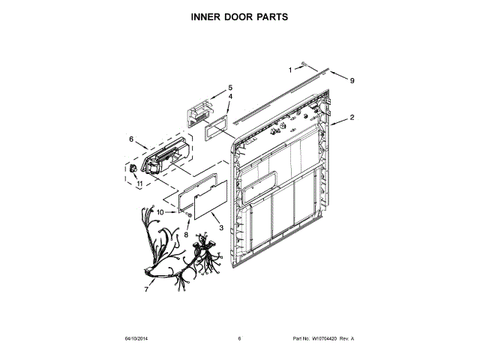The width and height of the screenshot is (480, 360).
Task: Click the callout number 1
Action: tap(291, 70)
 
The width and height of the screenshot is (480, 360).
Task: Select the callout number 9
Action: tap(351, 80)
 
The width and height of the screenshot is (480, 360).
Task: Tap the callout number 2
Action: tap(352, 118)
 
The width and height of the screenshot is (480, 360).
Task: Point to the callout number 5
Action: tap(230, 88)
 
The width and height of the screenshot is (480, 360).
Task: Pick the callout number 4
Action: tap(229, 97)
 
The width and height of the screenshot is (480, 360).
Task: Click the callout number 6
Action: tap(131, 139)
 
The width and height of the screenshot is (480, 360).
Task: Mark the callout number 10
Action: tap(160, 213)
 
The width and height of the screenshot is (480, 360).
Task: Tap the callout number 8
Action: tap(186, 235)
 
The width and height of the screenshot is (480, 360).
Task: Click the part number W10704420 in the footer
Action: tap(325, 339)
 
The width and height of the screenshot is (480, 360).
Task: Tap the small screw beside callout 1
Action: tap(304, 65)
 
